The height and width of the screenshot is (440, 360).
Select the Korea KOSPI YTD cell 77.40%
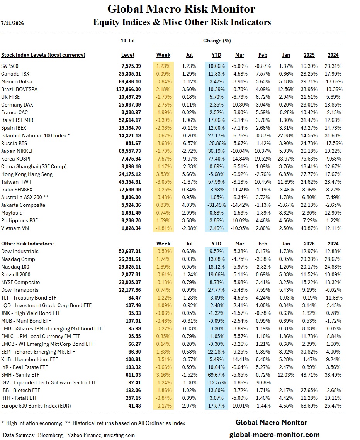click(x=216, y=159)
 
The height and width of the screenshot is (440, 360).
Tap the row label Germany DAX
click(x=17, y=105)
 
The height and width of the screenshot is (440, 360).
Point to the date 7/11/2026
click(x=12, y=23)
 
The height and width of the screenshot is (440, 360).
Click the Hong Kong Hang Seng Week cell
click(x=163, y=174)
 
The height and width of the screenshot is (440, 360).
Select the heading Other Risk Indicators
click(x=28, y=244)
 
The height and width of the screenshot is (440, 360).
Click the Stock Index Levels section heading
click(x=43, y=55)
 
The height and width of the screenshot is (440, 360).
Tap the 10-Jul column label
click(x=128, y=41)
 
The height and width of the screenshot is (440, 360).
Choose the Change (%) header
click(x=217, y=41)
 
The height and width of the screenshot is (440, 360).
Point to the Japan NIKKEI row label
click(x=17, y=151)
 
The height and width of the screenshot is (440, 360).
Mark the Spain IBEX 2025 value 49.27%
click(x=309, y=128)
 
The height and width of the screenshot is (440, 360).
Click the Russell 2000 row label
click(x=16, y=274)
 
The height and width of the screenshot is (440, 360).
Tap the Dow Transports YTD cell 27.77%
click(x=216, y=290)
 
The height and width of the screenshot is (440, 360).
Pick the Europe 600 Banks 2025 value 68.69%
click(x=309, y=406)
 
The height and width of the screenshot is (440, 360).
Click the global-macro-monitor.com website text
click(x=274, y=435)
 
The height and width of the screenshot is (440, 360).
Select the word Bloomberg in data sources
click(x=50, y=435)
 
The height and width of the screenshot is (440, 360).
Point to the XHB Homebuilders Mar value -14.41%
click(x=240, y=359)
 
